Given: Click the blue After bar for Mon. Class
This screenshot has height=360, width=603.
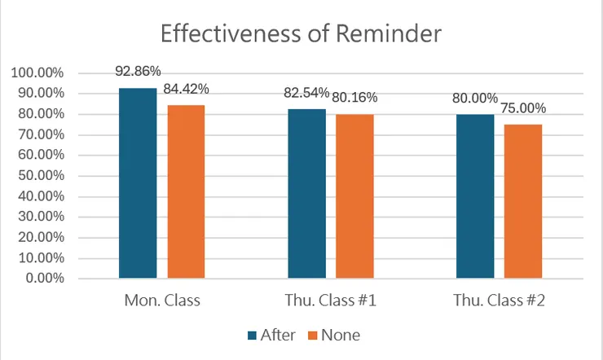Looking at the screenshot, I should pos(138,183).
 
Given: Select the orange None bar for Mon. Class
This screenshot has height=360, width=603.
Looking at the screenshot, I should pos(187,191).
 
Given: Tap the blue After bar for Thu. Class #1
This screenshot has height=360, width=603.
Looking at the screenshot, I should pos(306,194).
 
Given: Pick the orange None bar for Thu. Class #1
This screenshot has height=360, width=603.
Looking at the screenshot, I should pos(355,196).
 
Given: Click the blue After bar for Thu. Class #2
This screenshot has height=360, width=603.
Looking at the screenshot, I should pos(475,196).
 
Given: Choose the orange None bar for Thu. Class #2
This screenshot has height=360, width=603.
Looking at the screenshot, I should pos(523,201).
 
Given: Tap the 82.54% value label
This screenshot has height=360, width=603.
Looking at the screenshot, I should pos(306,92).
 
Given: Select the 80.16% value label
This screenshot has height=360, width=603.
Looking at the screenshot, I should pos(355,98).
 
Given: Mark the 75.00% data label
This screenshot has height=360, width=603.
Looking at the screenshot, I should pos(524,108).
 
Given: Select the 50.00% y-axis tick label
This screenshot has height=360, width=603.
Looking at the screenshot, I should pos(40,176).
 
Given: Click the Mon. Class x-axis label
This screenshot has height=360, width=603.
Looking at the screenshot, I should pos(162,301).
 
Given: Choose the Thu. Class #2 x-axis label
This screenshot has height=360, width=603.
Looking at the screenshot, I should pos(499,301).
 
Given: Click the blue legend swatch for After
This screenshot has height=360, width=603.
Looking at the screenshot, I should pos(251,335).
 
